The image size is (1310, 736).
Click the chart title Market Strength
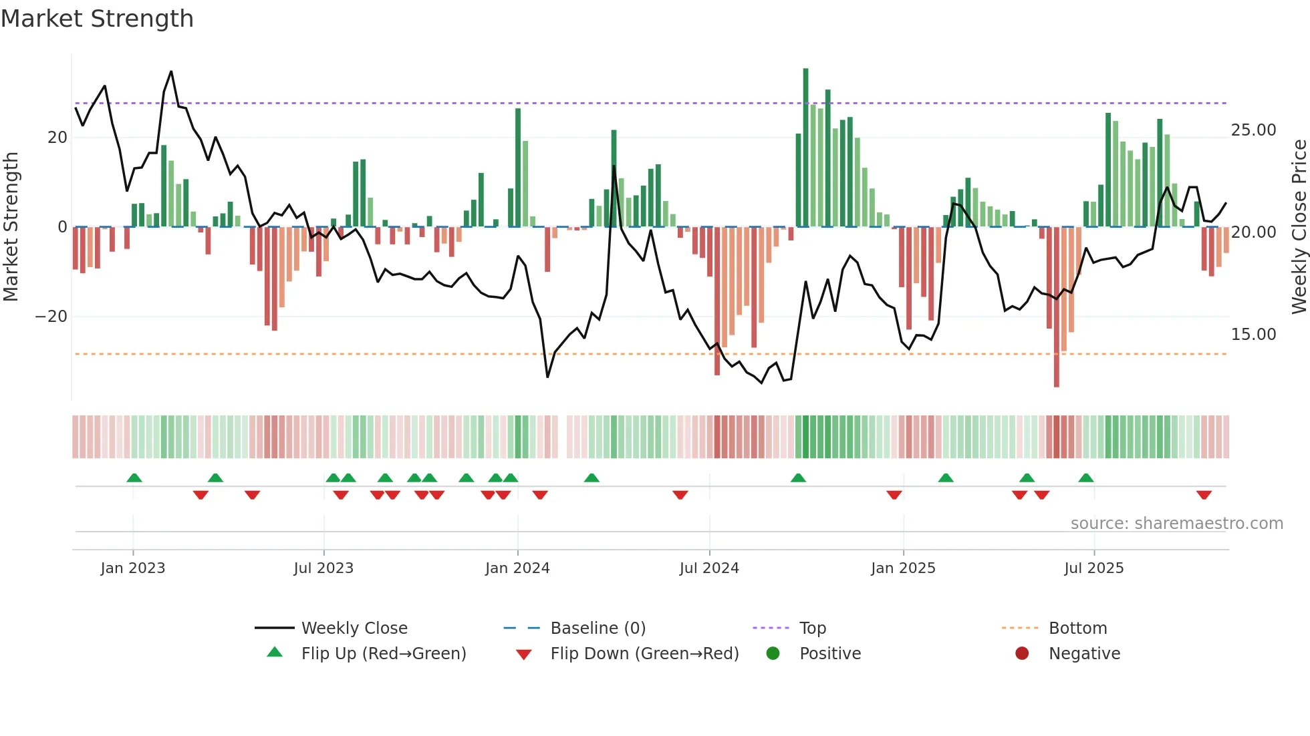pyautogui.click(x=97, y=19)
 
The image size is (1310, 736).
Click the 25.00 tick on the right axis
pyautogui.click(x=1253, y=130)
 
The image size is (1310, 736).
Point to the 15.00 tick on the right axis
pyautogui.click(x=1253, y=335)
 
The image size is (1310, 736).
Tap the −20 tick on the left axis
pyautogui.click(x=51, y=317)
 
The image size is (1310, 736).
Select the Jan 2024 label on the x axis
pyautogui.click(x=517, y=568)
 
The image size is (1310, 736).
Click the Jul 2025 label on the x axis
pyautogui.click(x=1093, y=568)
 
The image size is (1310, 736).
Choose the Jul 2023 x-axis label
pyautogui.click(x=323, y=568)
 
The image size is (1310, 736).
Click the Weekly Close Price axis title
pyautogui.click(x=1299, y=227)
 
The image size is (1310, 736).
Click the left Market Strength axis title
pyautogui.click(x=11, y=227)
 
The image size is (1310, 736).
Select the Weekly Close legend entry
pyautogui.click(x=354, y=628)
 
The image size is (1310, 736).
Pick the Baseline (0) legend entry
pyautogui.click(x=598, y=628)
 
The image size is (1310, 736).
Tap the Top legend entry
pyautogui.click(x=812, y=628)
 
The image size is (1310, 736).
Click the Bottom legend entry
pyautogui.click(x=1077, y=628)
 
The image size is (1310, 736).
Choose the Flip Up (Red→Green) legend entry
pyautogui.click(x=383, y=654)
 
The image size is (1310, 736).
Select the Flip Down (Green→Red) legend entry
pyautogui.click(x=644, y=654)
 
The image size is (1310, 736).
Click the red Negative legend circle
pyautogui.click(x=1022, y=653)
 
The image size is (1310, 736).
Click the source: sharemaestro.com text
pyautogui.click(x=1176, y=524)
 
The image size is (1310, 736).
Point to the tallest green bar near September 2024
pyautogui.click(x=805, y=147)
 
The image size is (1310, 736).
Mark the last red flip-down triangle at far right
pyautogui.click(x=1204, y=495)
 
